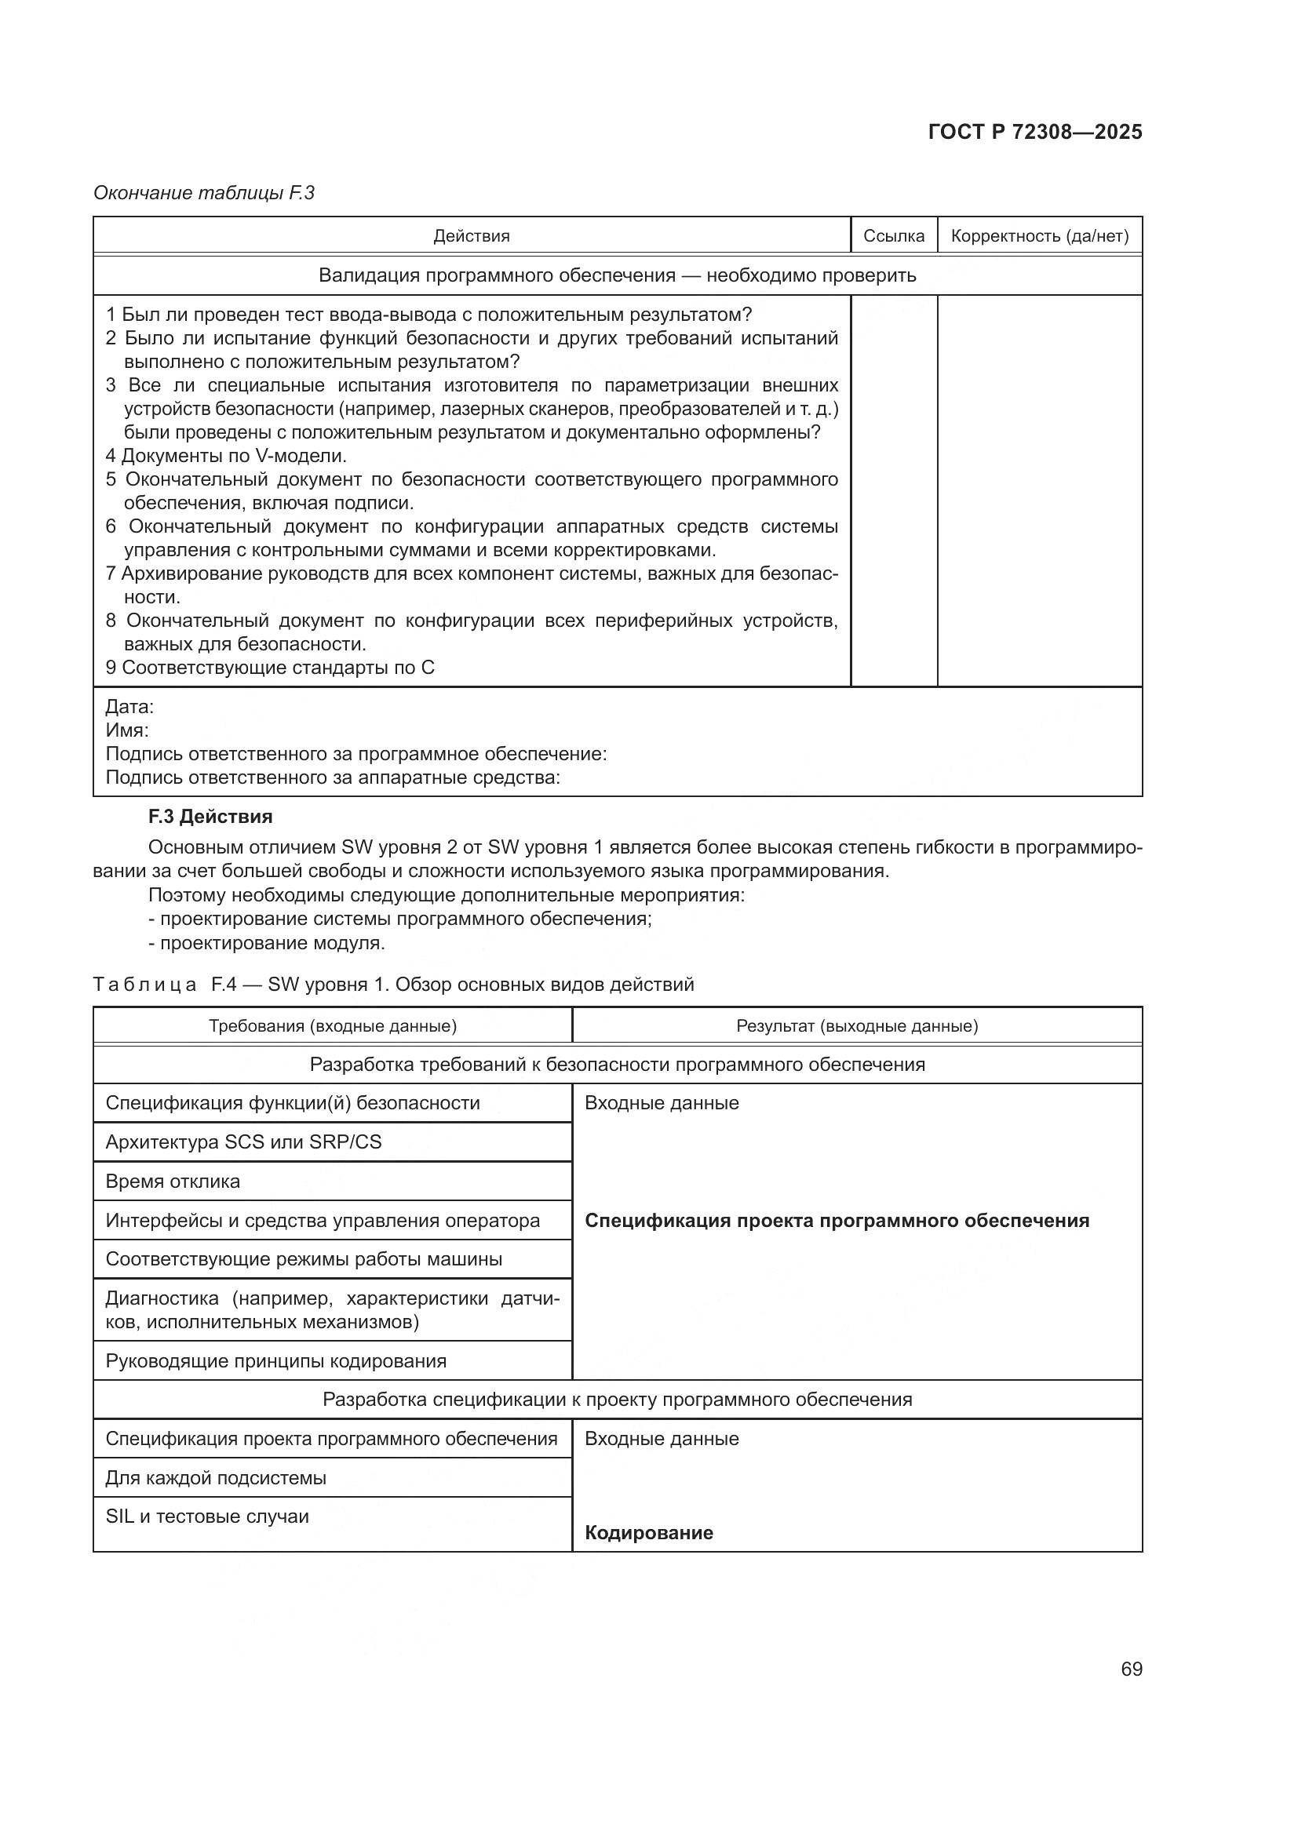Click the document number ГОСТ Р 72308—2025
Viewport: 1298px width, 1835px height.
coord(1035,132)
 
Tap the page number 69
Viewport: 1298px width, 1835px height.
coord(1131,1669)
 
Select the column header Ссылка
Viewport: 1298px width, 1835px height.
coord(894,236)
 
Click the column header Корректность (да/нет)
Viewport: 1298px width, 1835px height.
coord(1039,236)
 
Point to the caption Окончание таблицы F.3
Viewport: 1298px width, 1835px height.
coord(204,193)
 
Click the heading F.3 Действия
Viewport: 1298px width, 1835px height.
coord(210,816)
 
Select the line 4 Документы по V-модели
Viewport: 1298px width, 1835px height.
coord(226,456)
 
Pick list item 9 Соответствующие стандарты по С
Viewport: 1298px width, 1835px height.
coord(270,668)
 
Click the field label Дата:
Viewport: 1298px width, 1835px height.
coord(129,707)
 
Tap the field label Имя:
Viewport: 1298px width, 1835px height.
coord(127,730)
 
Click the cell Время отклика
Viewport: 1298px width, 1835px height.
coord(173,1181)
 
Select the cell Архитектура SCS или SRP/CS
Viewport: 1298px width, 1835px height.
coord(244,1141)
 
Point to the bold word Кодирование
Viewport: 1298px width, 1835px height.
coord(649,1532)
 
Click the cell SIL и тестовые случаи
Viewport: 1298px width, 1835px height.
coord(207,1516)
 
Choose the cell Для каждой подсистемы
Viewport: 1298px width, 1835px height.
coord(216,1478)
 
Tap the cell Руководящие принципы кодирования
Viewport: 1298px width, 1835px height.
coord(275,1360)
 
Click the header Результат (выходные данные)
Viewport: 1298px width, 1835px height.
coord(857,1025)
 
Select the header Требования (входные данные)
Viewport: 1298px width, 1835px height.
coord(333,1025)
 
